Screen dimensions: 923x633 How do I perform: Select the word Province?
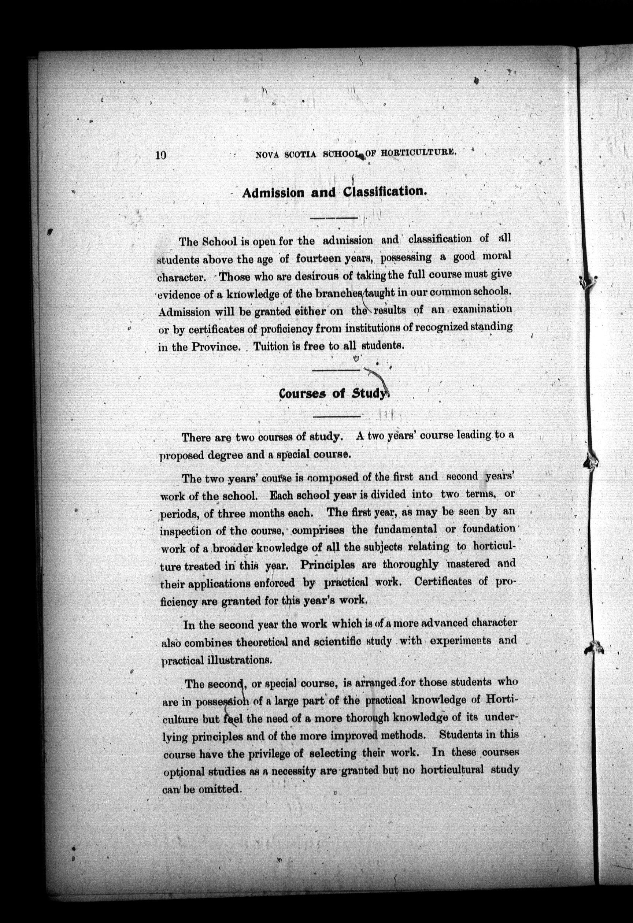[x=216, y=347]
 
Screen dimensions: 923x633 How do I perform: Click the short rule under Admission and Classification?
[x=334, y=218]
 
